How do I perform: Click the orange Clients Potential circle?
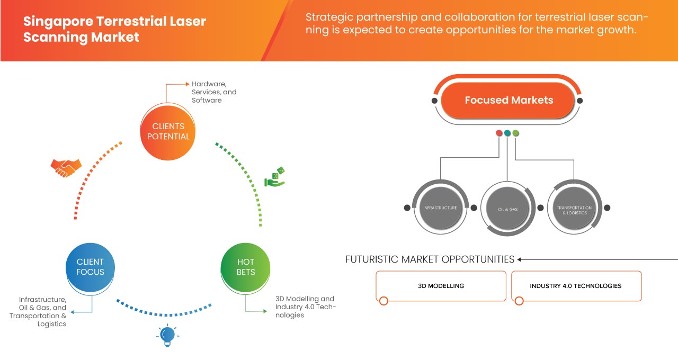click(168, 131)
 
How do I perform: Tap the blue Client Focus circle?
click(90, 267)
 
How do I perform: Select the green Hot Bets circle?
click(245, 267)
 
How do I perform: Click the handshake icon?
click(66, 168)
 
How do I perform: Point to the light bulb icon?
click(167, 335)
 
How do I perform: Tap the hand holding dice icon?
click(275, 177)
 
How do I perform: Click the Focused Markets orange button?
click(508, 100)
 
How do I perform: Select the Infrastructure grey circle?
click(440, 208)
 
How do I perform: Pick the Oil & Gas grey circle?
click(507, 209)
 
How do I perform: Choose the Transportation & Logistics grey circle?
click(574, 209)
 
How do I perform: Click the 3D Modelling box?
click(441, 286)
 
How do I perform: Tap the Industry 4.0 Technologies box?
click(576, 286)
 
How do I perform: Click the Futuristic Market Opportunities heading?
click(430, 259)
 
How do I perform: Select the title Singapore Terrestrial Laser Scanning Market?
click(115, 30)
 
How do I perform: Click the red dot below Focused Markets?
click(499, 133)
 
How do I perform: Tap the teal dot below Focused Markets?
click(507, 133)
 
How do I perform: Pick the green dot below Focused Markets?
click(516, 133)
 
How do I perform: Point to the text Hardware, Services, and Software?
click(214, 92)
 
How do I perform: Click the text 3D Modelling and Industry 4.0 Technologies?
click(305, 307)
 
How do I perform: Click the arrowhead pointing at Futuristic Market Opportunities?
click(520, 259)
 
